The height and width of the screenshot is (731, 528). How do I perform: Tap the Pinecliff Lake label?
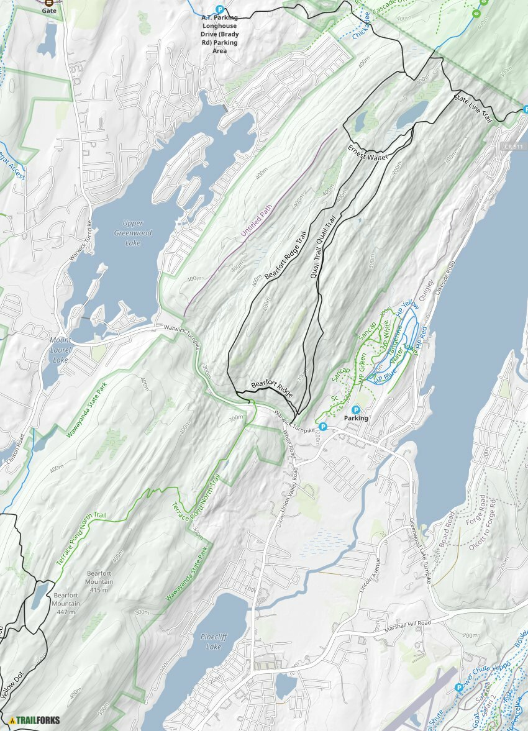211,642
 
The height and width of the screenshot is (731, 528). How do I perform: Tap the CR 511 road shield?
512,146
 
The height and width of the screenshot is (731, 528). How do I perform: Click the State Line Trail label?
473,107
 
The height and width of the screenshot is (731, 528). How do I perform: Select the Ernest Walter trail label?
368,154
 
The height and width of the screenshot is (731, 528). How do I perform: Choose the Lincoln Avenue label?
370,578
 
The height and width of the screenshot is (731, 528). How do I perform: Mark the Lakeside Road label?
442,278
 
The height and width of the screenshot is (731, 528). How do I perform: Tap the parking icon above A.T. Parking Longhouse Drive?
219,9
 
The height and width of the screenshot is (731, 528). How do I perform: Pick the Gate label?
49,11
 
